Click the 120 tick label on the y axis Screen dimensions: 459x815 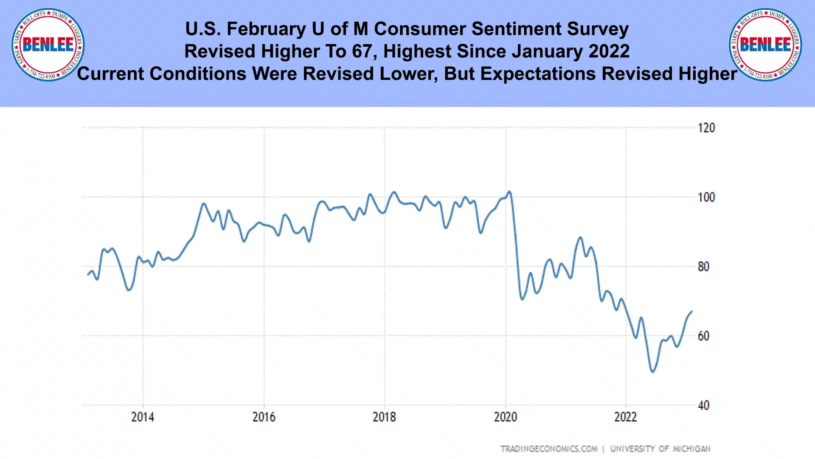tap(706, 128)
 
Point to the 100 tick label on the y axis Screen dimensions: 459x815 tap(706, 197)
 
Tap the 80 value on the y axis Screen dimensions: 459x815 tap(703, 267)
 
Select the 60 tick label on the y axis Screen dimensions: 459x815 tap(703, 336)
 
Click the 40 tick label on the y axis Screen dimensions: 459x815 tap(703, 405)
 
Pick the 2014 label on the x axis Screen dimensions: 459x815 tap(143, 417)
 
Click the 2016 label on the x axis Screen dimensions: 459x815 tap(264, 417)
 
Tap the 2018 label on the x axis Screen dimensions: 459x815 tap(384, 417)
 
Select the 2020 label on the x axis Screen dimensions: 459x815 tap(506, 417)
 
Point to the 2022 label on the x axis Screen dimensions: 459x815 tap(626, 417)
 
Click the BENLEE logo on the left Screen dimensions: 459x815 tap(48, 45)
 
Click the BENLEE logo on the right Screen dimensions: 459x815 tap(765, 45)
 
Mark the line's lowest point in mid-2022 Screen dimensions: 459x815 tap(652, 372)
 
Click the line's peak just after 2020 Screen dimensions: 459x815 tap(509, 191)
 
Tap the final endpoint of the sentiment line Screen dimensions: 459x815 tap(692, 312)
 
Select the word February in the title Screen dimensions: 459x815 tap(266, 29)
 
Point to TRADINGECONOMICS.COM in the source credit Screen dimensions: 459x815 tap(549, 449)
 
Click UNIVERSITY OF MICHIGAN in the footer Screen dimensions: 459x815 tap(660, 449)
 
